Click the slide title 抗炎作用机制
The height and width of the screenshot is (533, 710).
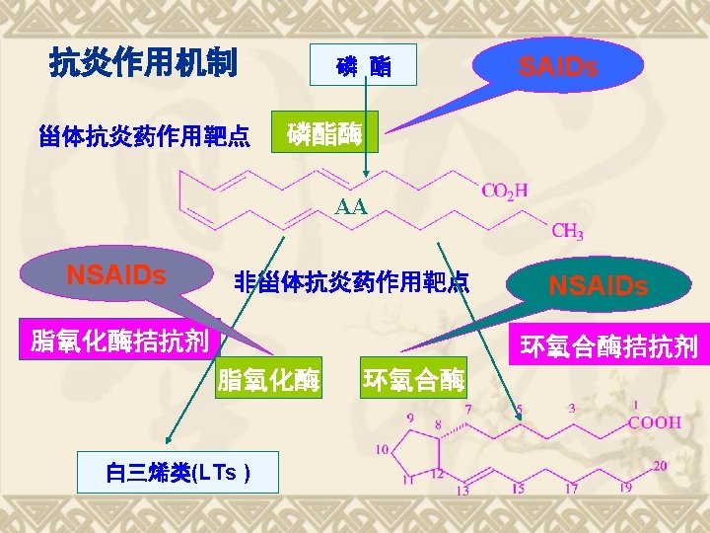tap(143, 64)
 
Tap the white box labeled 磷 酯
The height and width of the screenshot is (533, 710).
tap(363, 65)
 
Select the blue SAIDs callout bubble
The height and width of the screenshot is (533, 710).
tap(558, 66)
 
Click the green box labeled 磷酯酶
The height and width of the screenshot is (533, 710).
tap(324, 133)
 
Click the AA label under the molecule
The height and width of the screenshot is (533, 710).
tap(351, 207)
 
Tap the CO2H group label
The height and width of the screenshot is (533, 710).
tap(504, 190)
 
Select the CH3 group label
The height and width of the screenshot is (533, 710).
tap(567, 232)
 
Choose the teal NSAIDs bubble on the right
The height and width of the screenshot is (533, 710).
tap(598, 285)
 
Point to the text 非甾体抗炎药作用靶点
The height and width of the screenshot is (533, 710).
tap(351, 281)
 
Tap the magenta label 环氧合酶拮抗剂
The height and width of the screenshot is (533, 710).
tap(609, 346)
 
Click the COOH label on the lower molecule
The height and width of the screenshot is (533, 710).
tap(655, 422)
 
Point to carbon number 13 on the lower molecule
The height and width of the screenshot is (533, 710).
tap(461, 490)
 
